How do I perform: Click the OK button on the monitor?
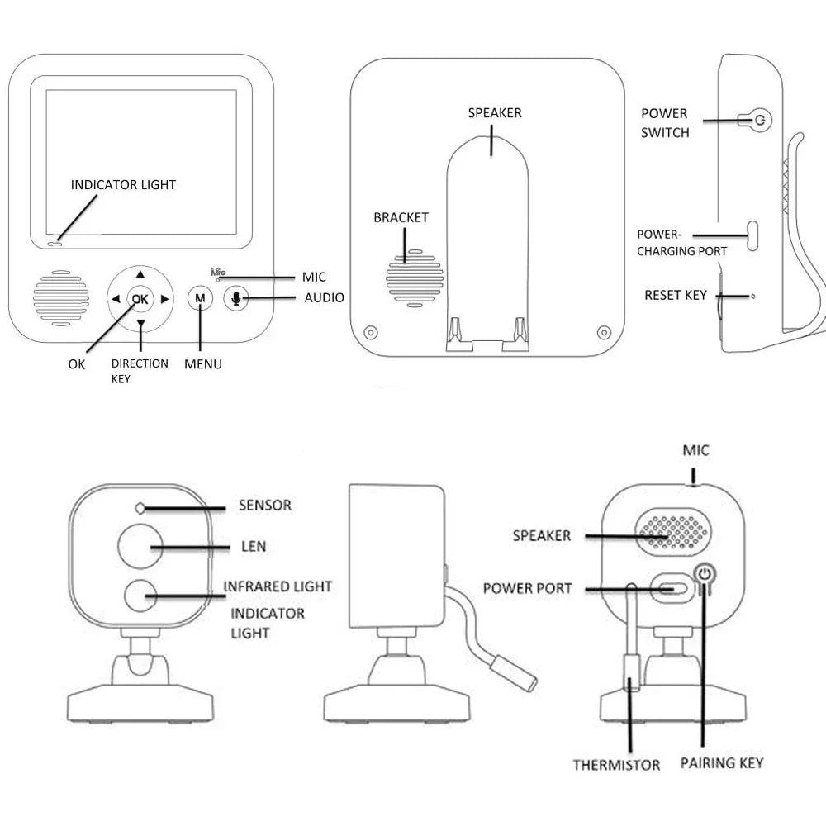[x=140, y=298]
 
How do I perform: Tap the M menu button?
[x=199, y=298]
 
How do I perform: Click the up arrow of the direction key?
[x=140, y=274]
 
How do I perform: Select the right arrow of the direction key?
[x=165, y=298]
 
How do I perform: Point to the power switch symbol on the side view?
[x=760, y=121]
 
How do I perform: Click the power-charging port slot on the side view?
[x=752, y=235]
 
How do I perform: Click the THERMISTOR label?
[x=616, y=765]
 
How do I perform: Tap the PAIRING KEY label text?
[x=722, y=762]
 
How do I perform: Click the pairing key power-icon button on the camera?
[x=704, y=574]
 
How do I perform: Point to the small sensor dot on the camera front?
[x=140, y=507]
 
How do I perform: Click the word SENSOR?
[x=264, y=505]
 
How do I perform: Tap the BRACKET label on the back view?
[x=401, y=218]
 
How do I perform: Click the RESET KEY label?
[x=676, y=295]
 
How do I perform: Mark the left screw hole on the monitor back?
[x=371, y=333]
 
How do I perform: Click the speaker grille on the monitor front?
[x=61, y=297]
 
